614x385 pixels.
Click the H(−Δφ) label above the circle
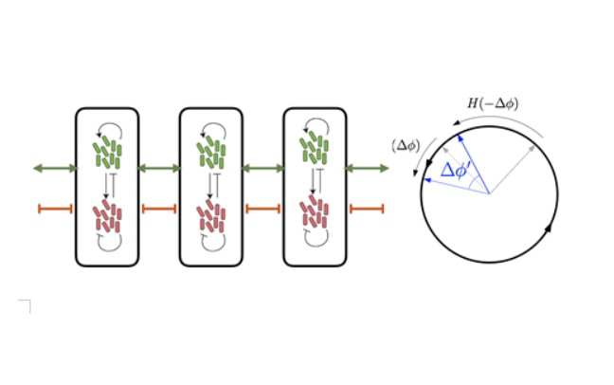(493, 103)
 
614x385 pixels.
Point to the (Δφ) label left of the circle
(406, 146)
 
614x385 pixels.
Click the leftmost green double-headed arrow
(55, 169)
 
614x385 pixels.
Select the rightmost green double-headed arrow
(367, 169)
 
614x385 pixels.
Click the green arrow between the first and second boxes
(159, 169)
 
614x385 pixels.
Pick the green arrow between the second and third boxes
(262, 169)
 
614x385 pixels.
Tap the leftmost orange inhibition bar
(55, 209)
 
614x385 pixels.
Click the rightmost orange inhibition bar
(367, 209)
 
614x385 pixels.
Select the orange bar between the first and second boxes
(159, 209)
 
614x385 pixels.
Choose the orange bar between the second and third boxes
(262, 209)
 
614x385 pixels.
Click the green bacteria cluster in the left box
(107, 153)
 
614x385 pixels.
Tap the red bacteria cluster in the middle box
(210, 216)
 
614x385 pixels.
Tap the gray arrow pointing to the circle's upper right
(513, 170)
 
